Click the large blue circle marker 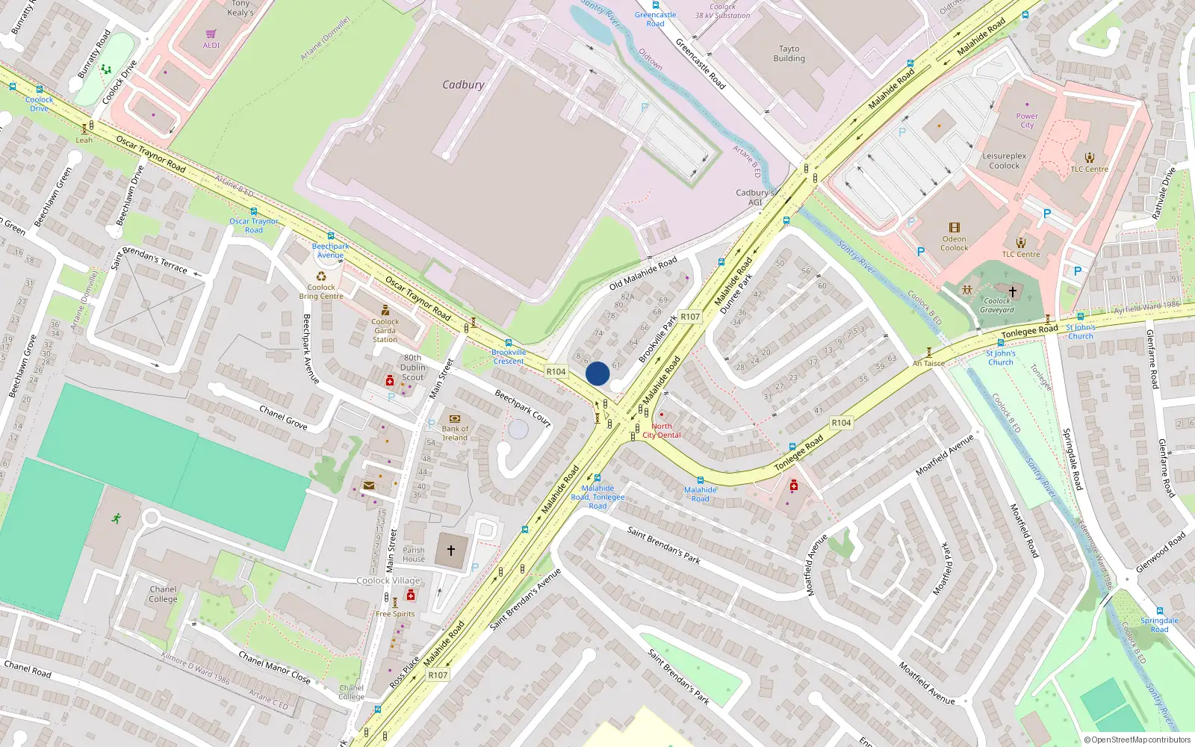tap(597, 373)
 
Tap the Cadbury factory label tap(463, 85)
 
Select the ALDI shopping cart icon tap(211, 34)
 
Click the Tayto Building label tap(789, 54)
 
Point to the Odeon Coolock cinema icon tap(954, 228)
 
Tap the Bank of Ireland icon tap(454, 419)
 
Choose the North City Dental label tap(662, 431)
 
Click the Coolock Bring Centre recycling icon tap(321, 276)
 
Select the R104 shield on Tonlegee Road tap(841, 423)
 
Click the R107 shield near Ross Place tap(438, 675)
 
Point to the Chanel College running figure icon tap(117, 518)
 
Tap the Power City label tap(1027, 120)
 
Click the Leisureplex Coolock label tap(1004, 161)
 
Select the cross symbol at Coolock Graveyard tap(1013, 292)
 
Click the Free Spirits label tap(395, 614)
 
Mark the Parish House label tap(413, 554)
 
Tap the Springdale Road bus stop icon tap(1160, 611)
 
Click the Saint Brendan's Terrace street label tap(149, 258)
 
